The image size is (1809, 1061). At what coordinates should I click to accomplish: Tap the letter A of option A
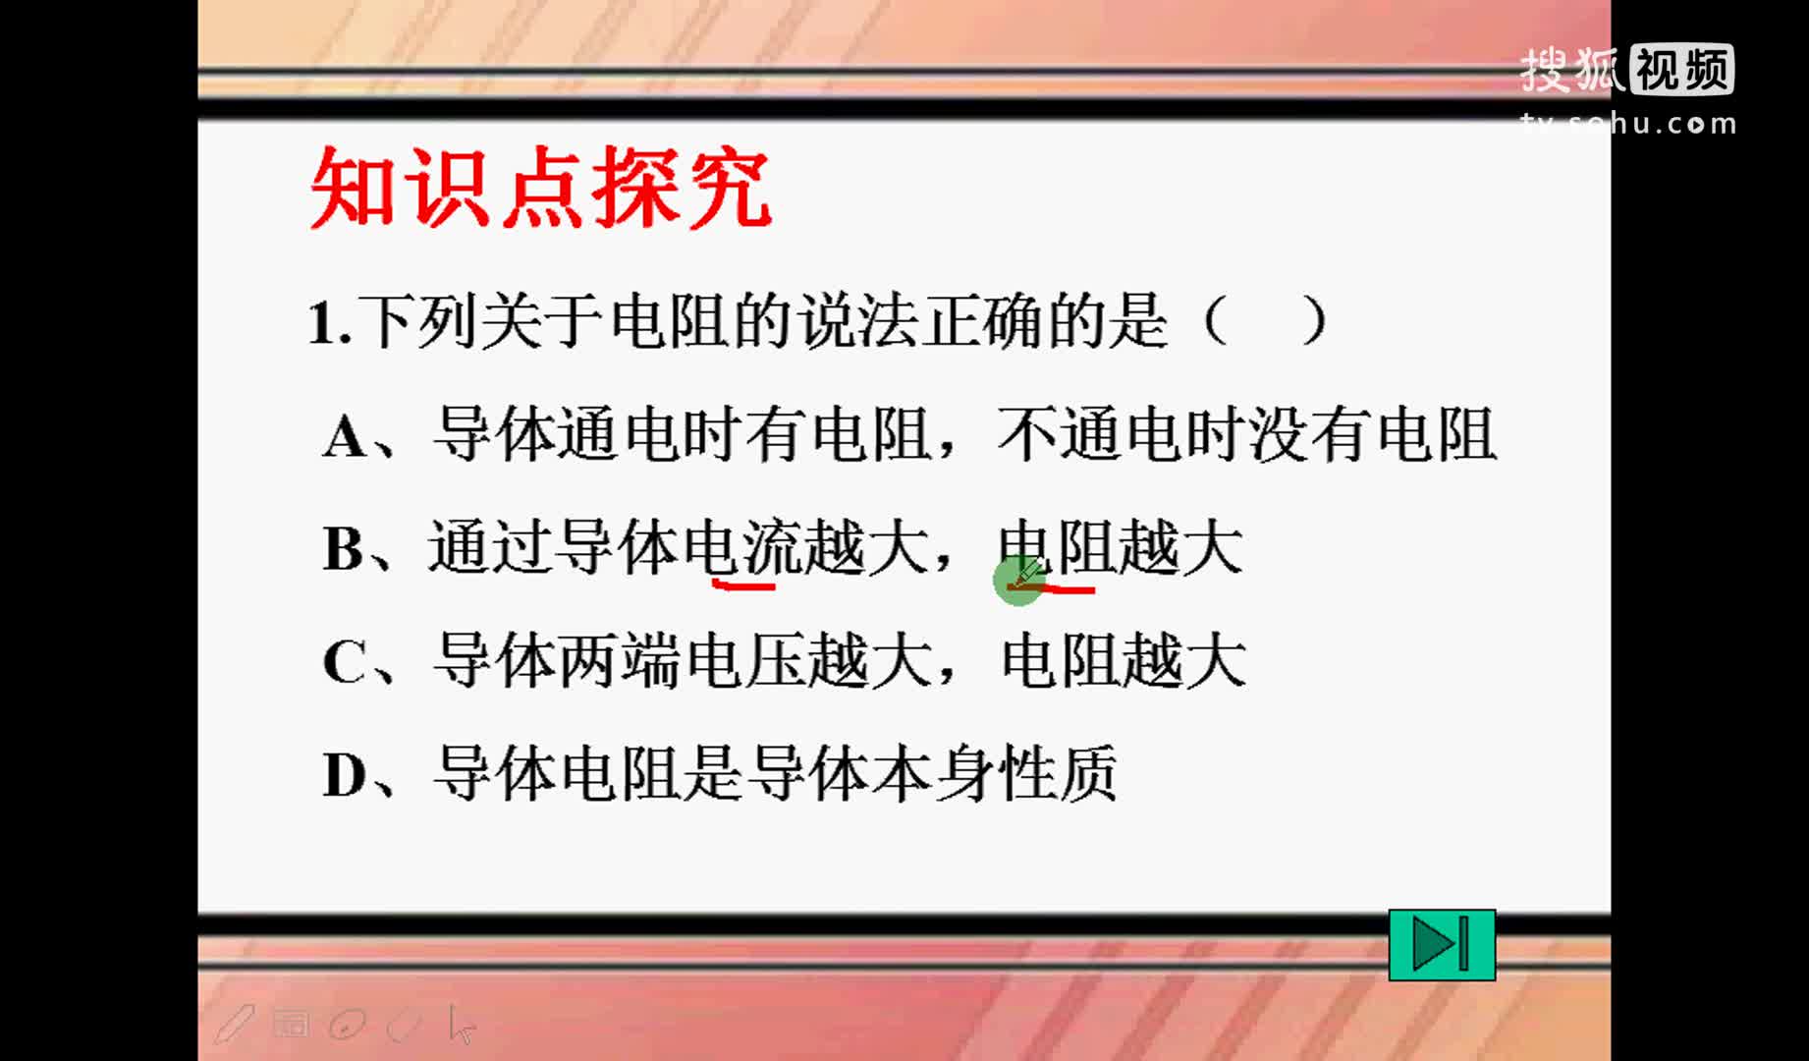click(x=346, y=436)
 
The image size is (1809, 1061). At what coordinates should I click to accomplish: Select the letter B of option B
click(x=343, y=548)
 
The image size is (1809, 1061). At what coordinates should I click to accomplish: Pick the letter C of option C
click(x=344, y=662)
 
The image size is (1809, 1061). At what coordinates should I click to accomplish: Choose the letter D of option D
click(x=345, y=775)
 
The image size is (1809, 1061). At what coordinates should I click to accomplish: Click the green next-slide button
click(x=1442, y=945)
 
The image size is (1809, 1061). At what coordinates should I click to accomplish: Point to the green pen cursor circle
click(x=1018, y=581)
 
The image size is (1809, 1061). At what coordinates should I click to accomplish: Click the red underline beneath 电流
click(x=743, y=586)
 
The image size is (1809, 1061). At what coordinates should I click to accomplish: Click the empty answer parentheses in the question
click(x=1265, y=321)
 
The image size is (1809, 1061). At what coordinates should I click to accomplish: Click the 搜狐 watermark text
click(x=1572, y=70)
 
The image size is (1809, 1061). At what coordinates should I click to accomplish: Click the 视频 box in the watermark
click(x=1682, y=70)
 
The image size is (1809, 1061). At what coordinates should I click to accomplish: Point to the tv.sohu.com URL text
click(x=1628, y=124)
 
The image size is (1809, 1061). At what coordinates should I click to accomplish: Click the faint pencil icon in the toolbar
click(x=235, y=1024)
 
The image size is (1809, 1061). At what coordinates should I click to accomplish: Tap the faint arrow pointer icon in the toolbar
click(x=462, y=1024)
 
